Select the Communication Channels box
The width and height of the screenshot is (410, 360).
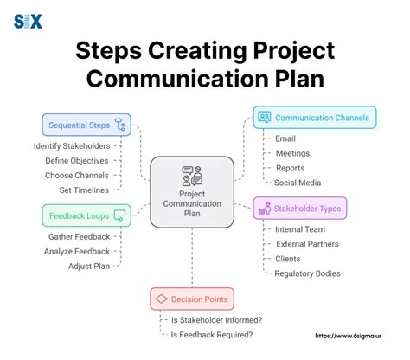tap(316, 117)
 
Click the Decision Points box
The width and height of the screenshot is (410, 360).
tap(192, 299)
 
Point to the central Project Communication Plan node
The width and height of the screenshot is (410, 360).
tap(192, 196)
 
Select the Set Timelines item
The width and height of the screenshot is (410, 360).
tap(85, 189)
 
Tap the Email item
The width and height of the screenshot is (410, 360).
tap(285, 138)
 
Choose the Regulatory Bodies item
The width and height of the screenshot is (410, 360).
tap(307, 273)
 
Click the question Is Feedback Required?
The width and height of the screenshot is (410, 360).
tap(213, 335)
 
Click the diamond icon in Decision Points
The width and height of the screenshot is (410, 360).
tap(161, 299)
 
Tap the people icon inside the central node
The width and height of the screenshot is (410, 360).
tap(192, 176)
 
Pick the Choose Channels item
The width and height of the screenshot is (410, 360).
tap(78, 175)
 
